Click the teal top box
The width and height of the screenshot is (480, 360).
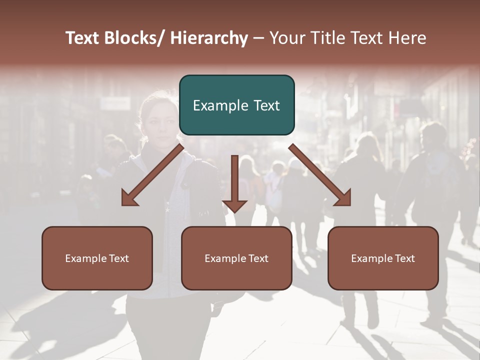236,105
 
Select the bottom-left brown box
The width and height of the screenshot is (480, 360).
97,258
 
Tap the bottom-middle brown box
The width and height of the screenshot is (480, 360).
236,258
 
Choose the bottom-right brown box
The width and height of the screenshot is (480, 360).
383,258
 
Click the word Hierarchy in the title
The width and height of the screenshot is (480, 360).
209,38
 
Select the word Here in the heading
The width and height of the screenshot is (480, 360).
408,38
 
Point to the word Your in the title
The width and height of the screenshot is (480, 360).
287,38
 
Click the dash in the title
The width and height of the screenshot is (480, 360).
258,39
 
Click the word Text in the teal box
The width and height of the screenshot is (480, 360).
266,105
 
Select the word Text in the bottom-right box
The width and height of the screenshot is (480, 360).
404,258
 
